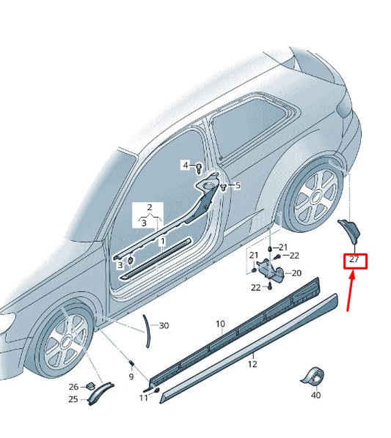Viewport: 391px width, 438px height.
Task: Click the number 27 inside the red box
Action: click(x=354, y=259)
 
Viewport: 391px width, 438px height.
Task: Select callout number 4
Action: click(x=186, y=165)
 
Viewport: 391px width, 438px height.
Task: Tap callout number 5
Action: click(x=238, y=185)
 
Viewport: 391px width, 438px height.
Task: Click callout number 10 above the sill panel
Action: click(x=220, y=324)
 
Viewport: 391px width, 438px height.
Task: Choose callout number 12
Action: click(x=252, y=364)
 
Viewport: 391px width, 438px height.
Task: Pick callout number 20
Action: click(x=296, y=273)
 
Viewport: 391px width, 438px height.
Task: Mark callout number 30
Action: click(x=164, y=325)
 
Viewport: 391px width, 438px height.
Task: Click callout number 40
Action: click(x=315, y=396)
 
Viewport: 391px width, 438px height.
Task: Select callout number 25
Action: click(x=73, y=399)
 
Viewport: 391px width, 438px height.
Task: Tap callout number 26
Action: click(x=73, y=387)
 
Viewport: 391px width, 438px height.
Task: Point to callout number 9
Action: click(x=131, y=376)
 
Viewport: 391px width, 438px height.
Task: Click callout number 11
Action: click(x=144, y=398)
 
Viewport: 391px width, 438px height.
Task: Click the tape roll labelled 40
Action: click(x=313, y=376)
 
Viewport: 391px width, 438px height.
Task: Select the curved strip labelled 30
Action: click(x=147, y=332)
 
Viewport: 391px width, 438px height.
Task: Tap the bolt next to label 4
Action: click(x=199, y=168)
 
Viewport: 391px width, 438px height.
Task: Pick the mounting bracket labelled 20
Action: click(x=271, y=269)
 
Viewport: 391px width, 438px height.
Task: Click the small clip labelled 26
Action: click(x=90, y=386)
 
